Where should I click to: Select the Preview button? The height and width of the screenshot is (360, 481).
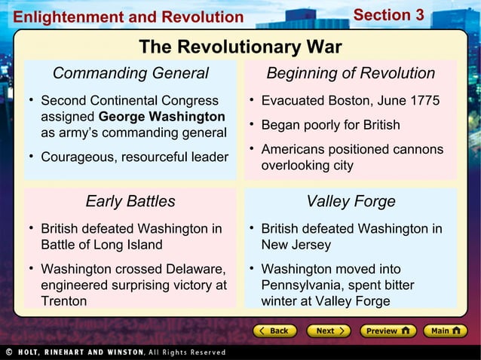tap(388, 331)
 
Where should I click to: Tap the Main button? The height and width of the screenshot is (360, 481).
tap(446, 331)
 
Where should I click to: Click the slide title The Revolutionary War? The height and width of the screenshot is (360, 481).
tap(240, 47)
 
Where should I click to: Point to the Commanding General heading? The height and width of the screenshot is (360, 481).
tap(130, 73)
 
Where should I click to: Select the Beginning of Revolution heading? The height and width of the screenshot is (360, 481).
tap(351, 73)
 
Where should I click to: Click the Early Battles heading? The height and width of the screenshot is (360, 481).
tap(130, 201)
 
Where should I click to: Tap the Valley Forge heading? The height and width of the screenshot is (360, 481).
tap(351, 201)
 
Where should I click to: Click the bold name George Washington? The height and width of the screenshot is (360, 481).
tap(161, 117)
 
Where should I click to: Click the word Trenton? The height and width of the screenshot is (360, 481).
tap(63, 301)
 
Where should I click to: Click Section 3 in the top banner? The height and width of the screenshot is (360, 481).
tap(389, 15)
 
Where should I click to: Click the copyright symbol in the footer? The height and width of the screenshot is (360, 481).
tap(7, 352)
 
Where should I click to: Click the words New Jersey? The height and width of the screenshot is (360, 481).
tap(296, 245)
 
